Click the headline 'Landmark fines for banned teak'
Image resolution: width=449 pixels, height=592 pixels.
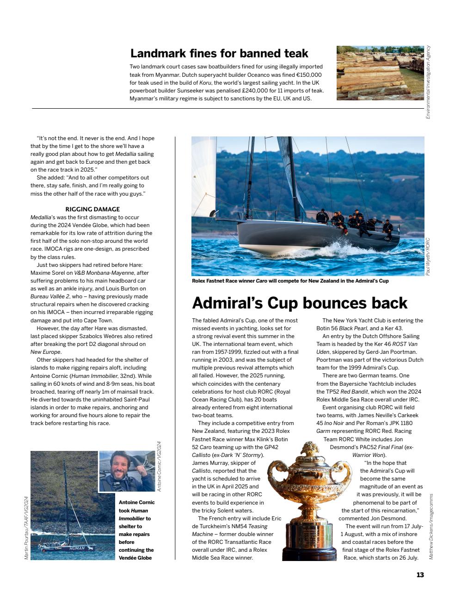pos(219,54)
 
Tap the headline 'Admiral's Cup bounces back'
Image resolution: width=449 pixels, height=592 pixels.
pos(299,303)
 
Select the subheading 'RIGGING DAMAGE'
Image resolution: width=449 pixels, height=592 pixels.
pos(92,209)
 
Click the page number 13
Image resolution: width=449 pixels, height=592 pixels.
pos(420,575)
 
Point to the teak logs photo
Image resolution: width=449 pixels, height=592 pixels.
pos(380,73)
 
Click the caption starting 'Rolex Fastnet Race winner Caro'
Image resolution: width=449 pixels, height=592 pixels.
pos(290,281)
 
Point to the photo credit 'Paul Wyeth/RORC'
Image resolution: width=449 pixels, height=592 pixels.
pos(428,257)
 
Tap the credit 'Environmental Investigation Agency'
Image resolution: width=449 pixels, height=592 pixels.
pos(428,82)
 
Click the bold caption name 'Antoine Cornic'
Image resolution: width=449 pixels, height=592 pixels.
pos(136,502)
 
